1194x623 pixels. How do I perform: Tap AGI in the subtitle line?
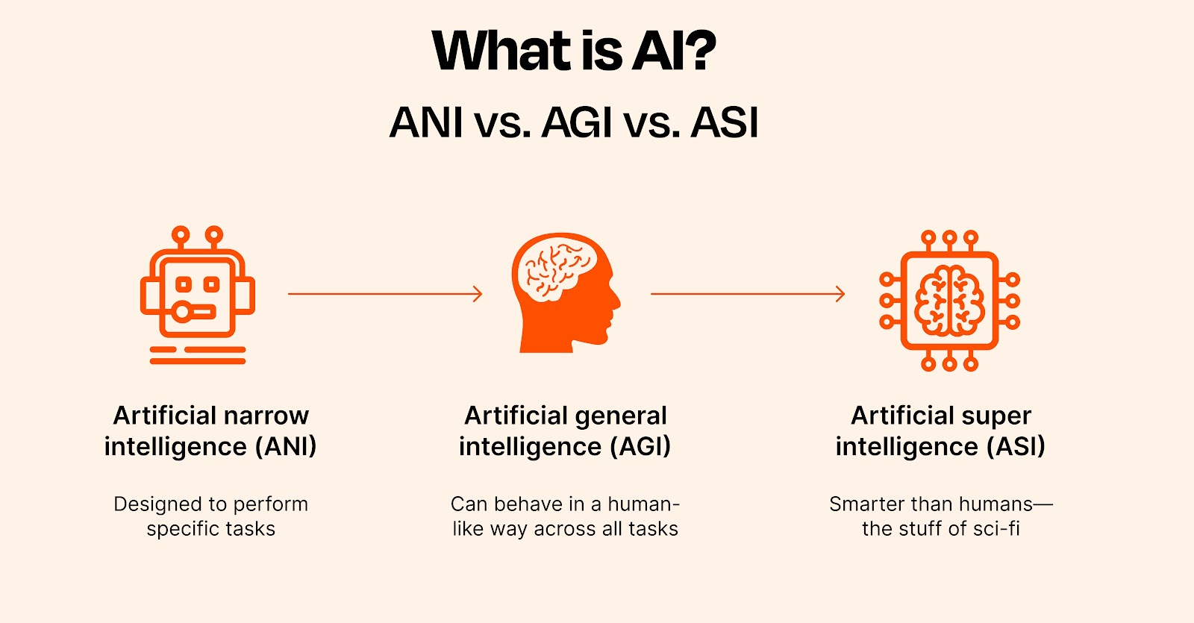tap(577, 123)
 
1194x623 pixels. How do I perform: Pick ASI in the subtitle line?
tap(724, 123)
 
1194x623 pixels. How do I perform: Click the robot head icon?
tap(198, 294)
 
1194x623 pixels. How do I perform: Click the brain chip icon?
tap(949, 301)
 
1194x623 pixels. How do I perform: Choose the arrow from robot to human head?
tap(384, 294)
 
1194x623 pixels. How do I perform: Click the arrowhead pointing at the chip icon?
tap(840, 294)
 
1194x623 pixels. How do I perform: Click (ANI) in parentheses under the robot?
tap(286, 446)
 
